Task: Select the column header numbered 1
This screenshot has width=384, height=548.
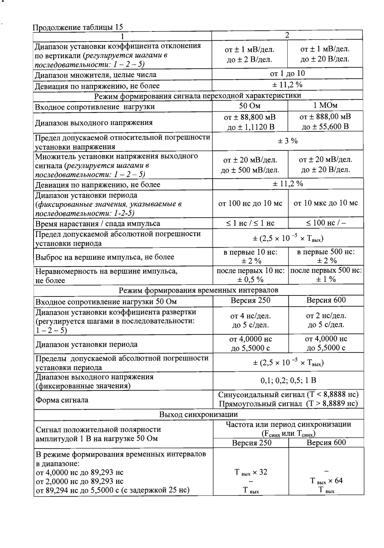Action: tap(122, 36)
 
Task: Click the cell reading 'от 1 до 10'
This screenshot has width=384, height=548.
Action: tap(287, 74)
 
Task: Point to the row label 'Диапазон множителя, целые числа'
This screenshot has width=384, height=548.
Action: tap(95, 75)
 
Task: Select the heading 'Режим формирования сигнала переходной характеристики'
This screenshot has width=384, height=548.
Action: tap(198, 95)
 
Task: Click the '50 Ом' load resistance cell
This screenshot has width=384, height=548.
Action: tap(250, 106)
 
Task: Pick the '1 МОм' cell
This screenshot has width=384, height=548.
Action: tap(325, 105)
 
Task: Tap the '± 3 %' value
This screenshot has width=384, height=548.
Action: tap(288, 141)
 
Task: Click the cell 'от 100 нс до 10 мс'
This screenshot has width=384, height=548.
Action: tap(250, 203)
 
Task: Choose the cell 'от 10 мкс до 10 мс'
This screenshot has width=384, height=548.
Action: tap(325, 203)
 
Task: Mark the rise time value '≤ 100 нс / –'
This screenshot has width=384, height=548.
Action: tap(325, 223)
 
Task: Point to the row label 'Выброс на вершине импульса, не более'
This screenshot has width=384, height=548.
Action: tap(105, 257)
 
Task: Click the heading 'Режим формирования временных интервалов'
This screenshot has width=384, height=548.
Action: tap(198, 290)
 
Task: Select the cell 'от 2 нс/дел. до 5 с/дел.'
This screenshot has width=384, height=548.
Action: tap(326, 320)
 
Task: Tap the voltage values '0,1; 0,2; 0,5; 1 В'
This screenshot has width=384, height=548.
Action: tap(288, 380)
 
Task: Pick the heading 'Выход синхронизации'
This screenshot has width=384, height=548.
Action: tap(198, 414)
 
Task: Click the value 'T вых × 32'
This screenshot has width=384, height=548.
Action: tap(251, 472)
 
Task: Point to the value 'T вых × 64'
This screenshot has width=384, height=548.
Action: tap(326, 481)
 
